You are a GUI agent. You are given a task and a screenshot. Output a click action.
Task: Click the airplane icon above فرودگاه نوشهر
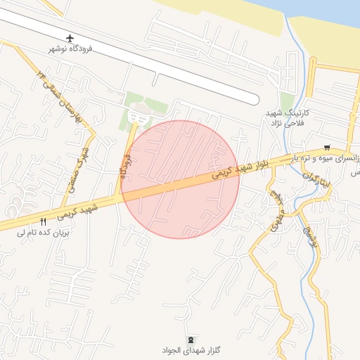click(x=70, y=37)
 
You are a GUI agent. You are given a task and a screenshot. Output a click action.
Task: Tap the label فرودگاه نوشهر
click(x=70, y=49)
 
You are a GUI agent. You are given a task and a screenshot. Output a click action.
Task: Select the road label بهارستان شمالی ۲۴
click(x=61, y=94)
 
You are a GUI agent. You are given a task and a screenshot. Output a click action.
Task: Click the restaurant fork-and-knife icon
click(x=43, y=221)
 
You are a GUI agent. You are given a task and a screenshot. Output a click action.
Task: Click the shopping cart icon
click(x=326, y=148)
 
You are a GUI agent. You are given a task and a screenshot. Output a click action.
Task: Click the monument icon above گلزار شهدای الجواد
click(x=193, y=339)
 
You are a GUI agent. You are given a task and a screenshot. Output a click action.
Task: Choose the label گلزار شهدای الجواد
click(x=193, y=349)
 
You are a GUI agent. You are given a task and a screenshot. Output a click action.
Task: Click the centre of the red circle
click(x=180, y=179)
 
